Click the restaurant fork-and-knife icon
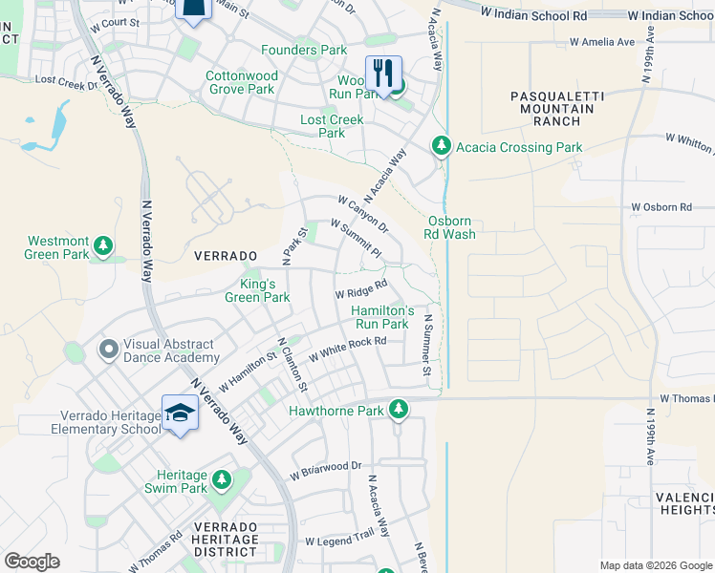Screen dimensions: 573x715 [x=383, y=73]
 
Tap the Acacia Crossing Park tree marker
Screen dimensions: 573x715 [x=441, y=147]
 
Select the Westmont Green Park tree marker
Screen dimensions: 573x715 [x=102, y=248]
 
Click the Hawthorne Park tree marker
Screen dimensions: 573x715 [x=399, y=411]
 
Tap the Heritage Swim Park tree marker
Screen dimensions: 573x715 [x=222, y=477]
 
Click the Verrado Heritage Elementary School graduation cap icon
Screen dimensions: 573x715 [x=179, y=413]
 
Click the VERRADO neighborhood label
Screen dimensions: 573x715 [x=226, y=257]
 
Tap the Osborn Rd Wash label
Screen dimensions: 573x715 [x=450, y=227]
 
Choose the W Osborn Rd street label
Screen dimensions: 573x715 [x=661, y=207]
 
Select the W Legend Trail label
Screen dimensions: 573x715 [x=339, y=541]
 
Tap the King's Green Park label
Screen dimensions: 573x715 [x=257, y=291]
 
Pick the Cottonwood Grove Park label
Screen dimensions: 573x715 [x=242, y=83]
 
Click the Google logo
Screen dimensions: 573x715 [x=32, y=562]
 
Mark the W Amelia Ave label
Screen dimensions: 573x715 [x=601, y=42]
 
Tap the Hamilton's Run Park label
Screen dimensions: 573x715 [x=382, y=318]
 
